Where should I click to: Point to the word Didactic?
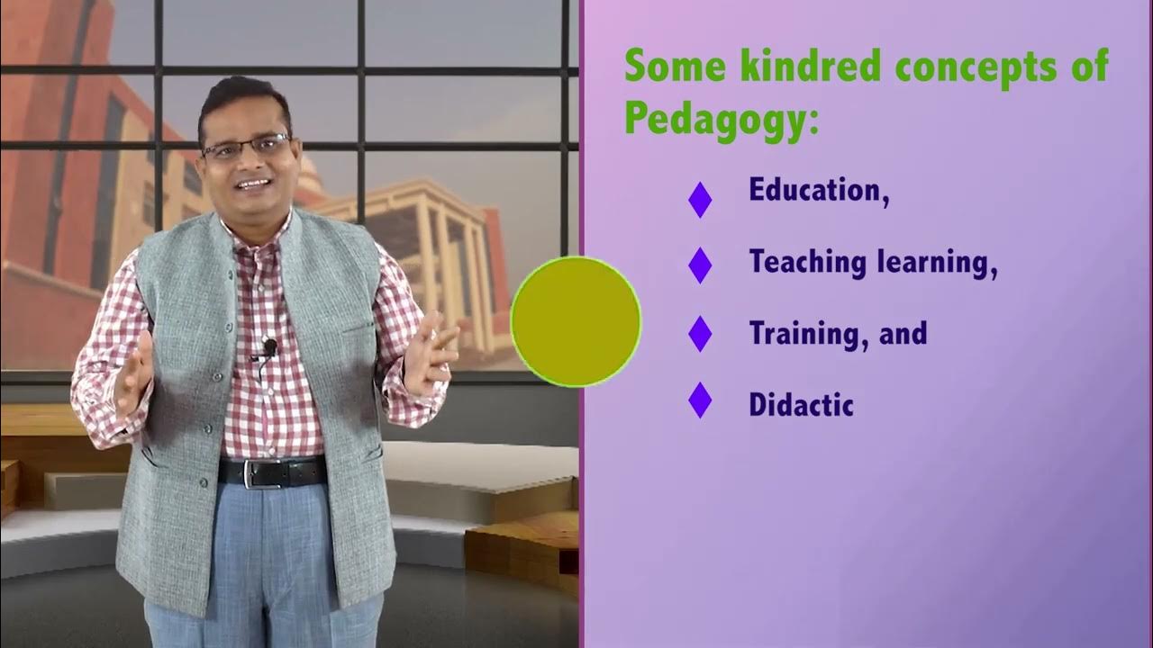[801, 405]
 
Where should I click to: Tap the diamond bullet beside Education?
[700, 199]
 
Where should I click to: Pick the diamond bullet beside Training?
[700, 334]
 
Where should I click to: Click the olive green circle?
[576, 321]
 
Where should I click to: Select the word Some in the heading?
[670, 67]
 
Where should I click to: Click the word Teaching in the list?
[807, 263]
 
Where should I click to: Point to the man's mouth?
[253, 184]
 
